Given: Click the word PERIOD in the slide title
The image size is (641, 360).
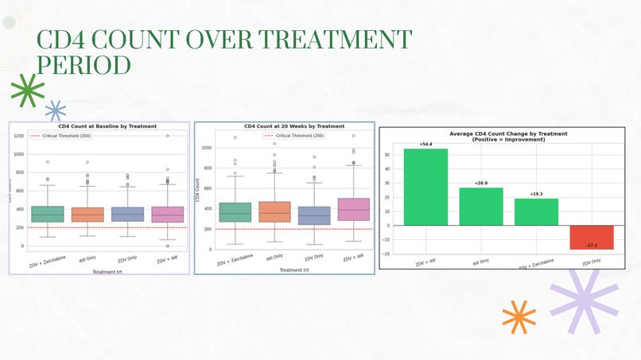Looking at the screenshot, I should tap(84, 65).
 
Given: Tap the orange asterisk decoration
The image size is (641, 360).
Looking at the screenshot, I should tap(519, 316).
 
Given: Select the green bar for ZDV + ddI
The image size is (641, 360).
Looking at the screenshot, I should tap(425, 187).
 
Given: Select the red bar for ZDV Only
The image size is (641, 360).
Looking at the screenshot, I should tap(591, 237).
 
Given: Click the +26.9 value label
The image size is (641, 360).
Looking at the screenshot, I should tap(481, 184).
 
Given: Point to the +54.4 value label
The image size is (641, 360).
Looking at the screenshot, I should tap(425, 145).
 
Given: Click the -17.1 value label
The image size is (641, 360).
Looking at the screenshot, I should tap(591, 246).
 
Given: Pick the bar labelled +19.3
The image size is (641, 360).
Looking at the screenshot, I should tap(536, 211).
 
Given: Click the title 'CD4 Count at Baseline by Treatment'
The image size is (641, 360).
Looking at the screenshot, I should tap(107, 126).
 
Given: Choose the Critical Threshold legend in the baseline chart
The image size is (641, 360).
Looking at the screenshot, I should tap(60, 136).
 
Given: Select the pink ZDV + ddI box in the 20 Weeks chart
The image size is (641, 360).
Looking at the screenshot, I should tap(354, 209).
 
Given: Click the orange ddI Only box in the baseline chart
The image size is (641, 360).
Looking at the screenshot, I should tap(87, 215).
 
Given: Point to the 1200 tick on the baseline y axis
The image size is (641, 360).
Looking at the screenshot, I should tap(18, 136).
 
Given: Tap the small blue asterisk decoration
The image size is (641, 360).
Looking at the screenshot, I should tap(55, 110).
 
